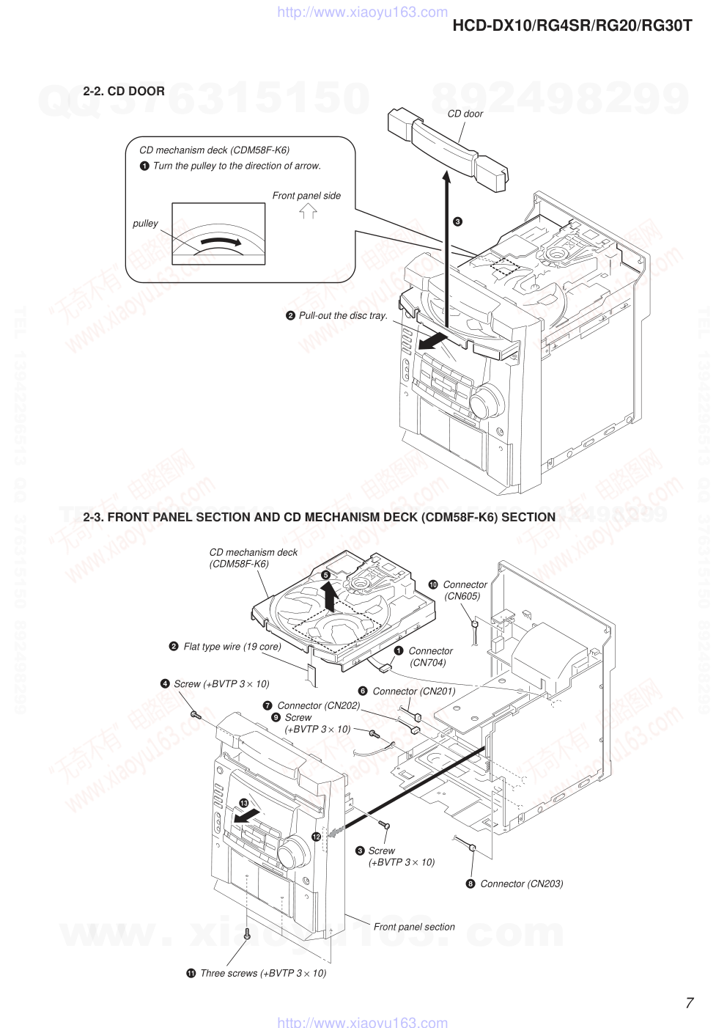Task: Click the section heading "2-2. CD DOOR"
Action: pos(124,91)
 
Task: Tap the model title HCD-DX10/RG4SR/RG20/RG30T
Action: pos(572,26)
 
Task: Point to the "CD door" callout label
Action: pos(465,114)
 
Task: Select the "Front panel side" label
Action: pos(306,196)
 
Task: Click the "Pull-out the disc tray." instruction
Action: pos(342,315)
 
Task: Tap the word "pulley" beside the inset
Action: pos(145,224)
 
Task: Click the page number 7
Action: pos(689,1003)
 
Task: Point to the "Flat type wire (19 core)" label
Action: pos(232,647)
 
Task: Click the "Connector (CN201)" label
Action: pos(413,691)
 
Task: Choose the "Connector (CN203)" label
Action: pos(521,884)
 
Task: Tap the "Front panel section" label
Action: pos(414,927)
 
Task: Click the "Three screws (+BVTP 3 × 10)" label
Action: pos(262,973)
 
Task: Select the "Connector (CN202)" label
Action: pos(318,705)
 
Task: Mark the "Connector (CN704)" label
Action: pos(430,657)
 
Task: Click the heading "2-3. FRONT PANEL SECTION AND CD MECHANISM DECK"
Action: pos(319,517)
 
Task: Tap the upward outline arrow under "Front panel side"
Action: pos(308,212)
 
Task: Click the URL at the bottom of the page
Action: pos(362,1022)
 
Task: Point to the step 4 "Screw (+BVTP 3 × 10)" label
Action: pos(221,684)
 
